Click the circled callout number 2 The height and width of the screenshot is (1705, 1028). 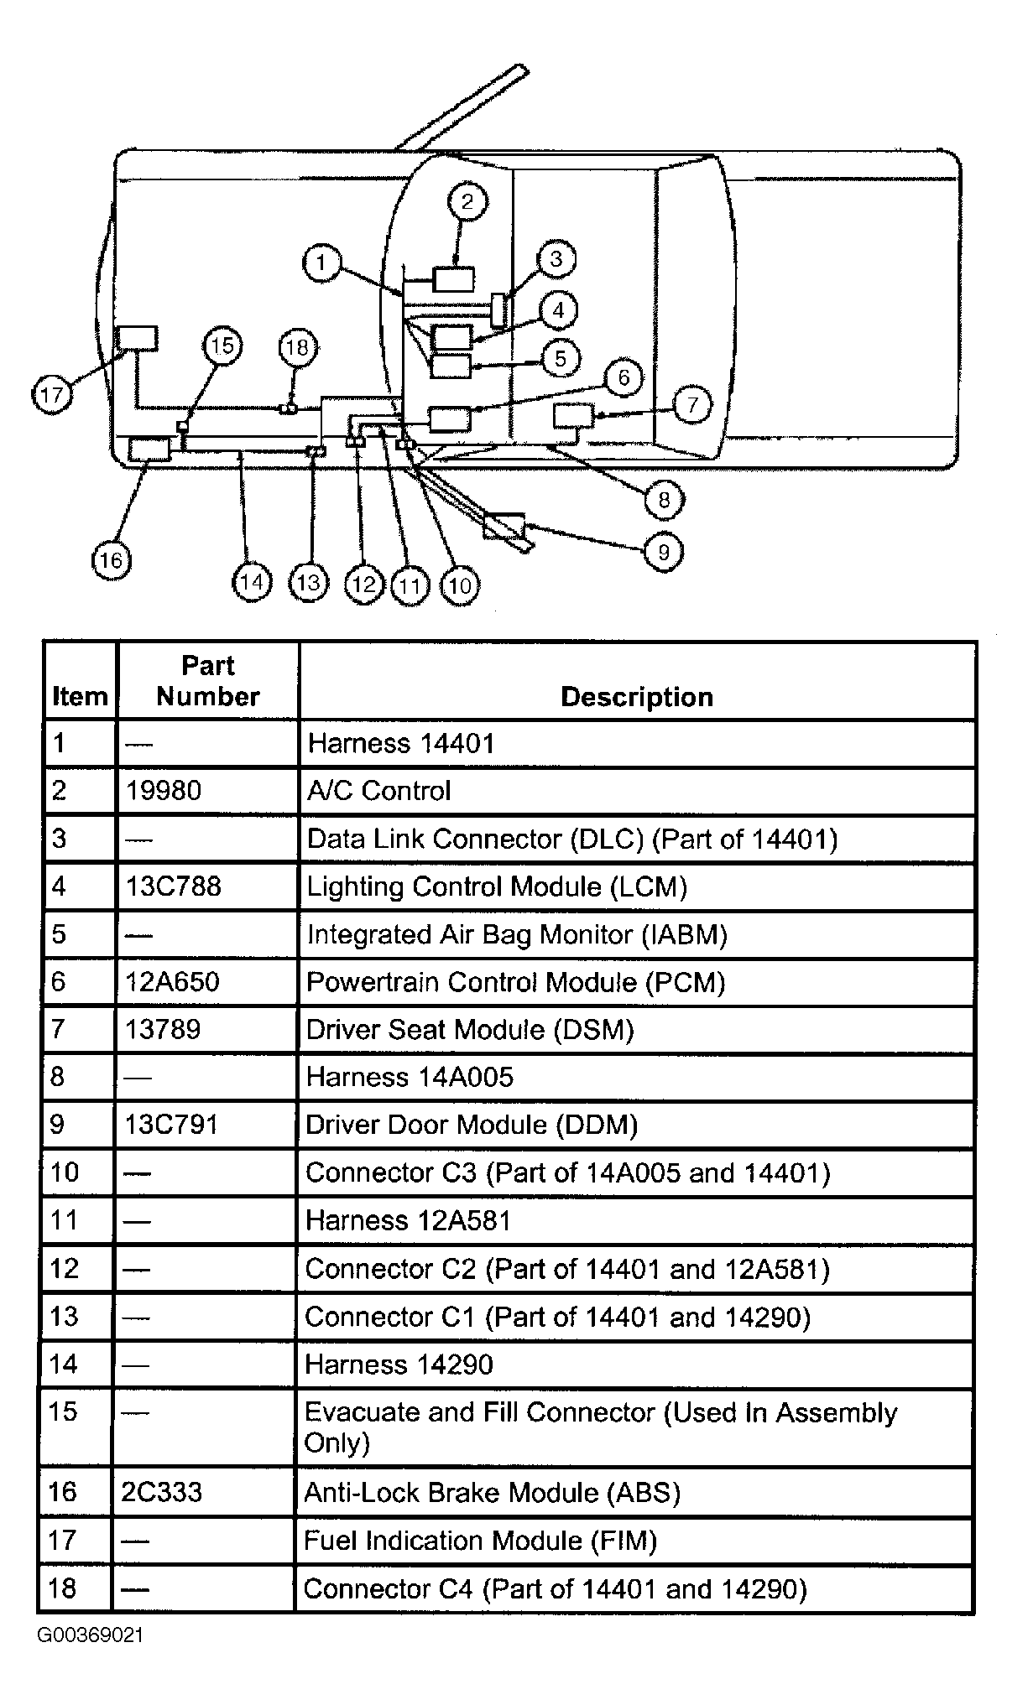click(x=467, y=201)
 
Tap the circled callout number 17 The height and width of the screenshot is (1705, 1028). click(x=52, y=393)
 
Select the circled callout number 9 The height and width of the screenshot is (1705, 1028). click(x=664, y=552)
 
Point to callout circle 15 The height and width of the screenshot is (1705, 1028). click(x=222, y=346)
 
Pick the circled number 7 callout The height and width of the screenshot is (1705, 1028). click(x=692, y=405)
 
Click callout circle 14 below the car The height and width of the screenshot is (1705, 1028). click(x=252, y=582)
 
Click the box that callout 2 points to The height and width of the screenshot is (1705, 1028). click(x=453, y=279)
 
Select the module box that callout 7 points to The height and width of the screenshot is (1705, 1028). click(x=573, y=415)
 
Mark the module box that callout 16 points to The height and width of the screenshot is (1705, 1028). click(x=149, y=450)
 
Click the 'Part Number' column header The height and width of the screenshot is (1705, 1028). click(x=208, y=681)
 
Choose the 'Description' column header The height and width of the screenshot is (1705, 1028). click(x=637, y=697)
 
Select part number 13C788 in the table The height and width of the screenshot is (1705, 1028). click(x=174, y=886)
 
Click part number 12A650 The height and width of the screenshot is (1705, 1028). click(x=172, y=981)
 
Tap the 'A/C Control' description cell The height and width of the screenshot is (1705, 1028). click(x=379, y=791)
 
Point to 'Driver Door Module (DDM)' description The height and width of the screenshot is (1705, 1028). click(x=472, y=1125)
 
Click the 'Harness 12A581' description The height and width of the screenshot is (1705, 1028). click(x=408, y=1220)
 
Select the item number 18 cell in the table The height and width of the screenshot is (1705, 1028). click(x=64, y=1588)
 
